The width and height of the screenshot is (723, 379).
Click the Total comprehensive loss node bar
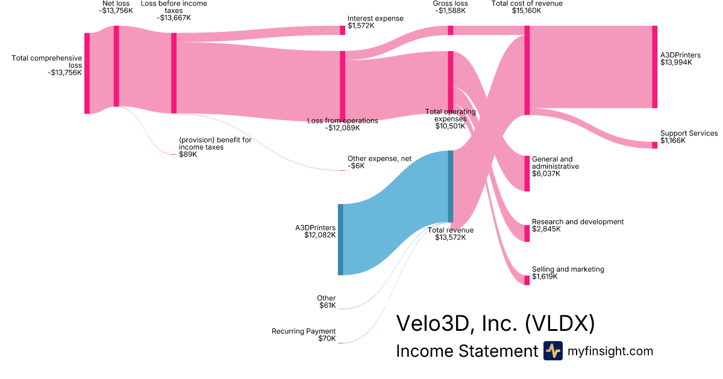[x=87, y=73]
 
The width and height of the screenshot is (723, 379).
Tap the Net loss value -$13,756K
[x=116, y=11]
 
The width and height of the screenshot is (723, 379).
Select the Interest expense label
[x=375, y=19]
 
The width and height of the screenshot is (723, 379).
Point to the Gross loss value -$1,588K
[x=450, y=11]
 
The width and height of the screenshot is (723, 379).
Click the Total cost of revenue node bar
[x=527, y=70]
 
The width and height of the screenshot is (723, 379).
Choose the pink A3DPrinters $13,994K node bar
[x=655, y=67]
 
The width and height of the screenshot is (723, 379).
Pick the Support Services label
[x=689, y=134]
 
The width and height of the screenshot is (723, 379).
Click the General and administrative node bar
[x=527, y=173]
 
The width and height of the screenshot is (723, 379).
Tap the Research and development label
[x=578, y=222]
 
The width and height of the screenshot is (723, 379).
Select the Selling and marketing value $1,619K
[x=545, y=277]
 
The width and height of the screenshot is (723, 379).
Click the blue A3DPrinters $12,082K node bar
[x=340, y=239]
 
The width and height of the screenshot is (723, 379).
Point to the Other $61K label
[x=327, y=298]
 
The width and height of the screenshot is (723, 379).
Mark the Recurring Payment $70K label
[x=304, y=331]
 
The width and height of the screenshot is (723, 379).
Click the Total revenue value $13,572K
[x=451, y=238]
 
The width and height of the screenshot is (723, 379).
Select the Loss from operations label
[x=343, y=121]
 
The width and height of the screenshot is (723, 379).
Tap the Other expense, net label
[x=380, y=159]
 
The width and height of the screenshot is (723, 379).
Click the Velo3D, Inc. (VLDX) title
[x=495, y=324]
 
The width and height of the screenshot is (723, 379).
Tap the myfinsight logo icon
[x=552, y=351]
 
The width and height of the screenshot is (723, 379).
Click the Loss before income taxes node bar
[x=174, y=73]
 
